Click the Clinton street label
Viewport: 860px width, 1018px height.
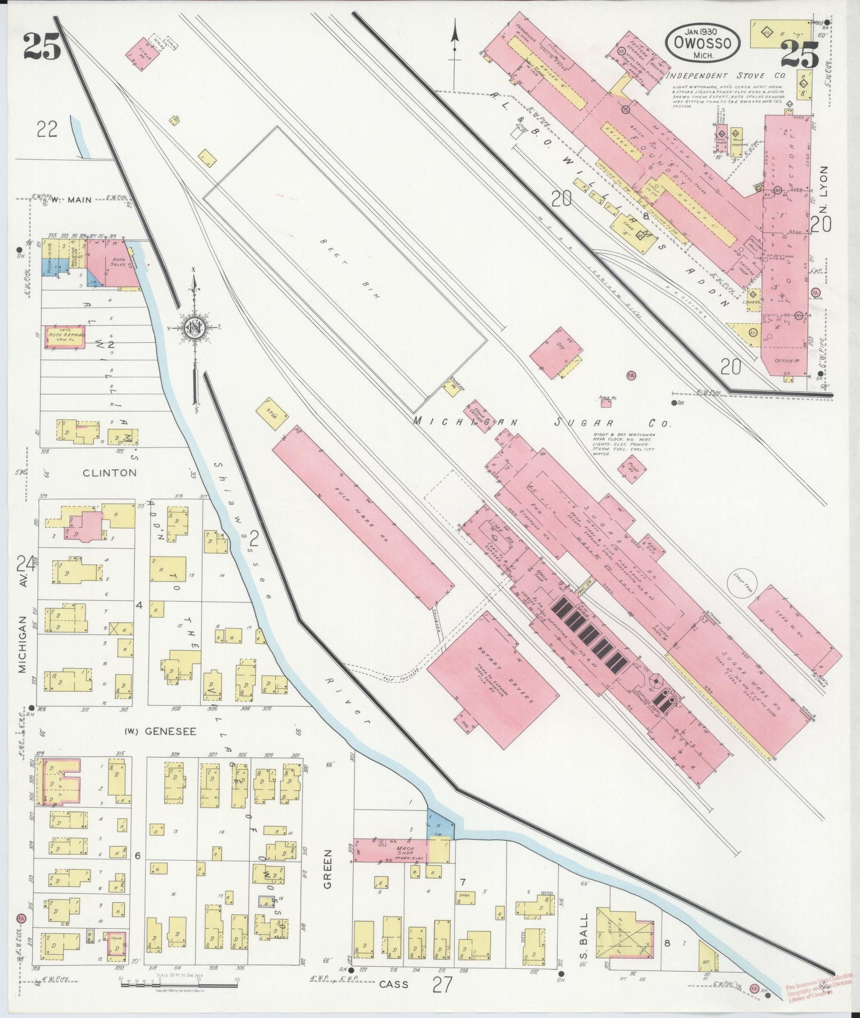tap(109, 473)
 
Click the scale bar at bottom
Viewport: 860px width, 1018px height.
tap(180, 981)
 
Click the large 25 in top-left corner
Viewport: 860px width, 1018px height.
tap(42, 46)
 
